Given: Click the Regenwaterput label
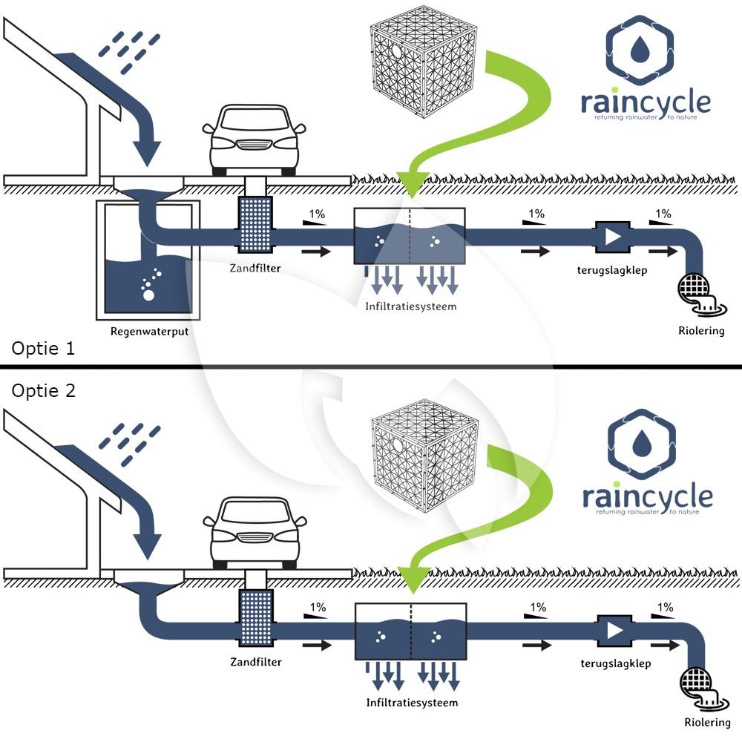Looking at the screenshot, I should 149,331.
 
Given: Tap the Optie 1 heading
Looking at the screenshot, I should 43,349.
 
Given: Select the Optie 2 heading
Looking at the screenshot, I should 43,390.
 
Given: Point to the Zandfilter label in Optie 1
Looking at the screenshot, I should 255,268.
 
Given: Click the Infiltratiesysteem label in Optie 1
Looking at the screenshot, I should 411,305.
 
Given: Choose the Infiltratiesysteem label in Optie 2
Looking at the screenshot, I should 412,702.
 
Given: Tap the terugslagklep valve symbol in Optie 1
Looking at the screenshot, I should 611,236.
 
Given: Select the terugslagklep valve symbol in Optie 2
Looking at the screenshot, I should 613,631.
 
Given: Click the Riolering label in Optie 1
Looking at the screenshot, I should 701,330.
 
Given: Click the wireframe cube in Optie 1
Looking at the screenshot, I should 422,62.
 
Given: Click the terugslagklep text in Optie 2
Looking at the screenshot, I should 615,663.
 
